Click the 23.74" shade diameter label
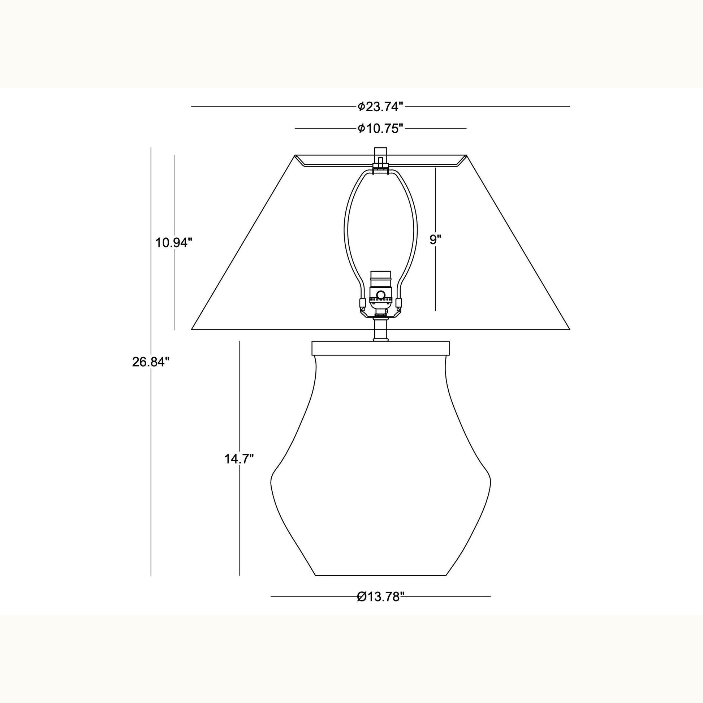tap(380, 107)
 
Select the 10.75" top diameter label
tap(380, 129)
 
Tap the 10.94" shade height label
tap(173, 242)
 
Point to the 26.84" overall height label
tap(151, 362)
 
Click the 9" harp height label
tap(435, 240)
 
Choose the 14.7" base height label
tap(239, 459)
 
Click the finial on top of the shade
tap(381, 152)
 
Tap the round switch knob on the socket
tap(381, 295)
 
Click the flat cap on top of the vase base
tap(381, 348)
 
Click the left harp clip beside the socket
tap(362, 303)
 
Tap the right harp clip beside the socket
tap(399, 303)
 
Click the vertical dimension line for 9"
tap(436, 277)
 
